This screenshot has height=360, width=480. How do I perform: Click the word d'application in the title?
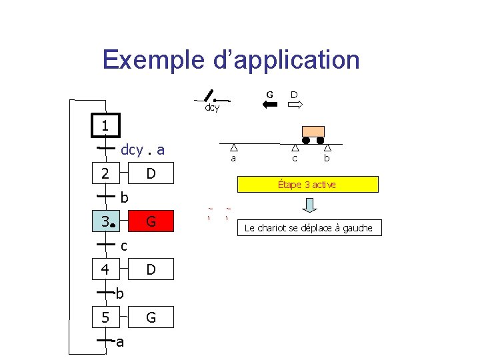(287, 60)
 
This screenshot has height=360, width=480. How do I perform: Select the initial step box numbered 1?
(105, 126)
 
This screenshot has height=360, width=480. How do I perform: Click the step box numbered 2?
(105, 173)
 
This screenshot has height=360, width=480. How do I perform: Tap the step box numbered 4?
(105, 270)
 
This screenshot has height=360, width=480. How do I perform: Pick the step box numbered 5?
(105, 317)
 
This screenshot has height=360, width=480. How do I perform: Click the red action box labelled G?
(151, 221)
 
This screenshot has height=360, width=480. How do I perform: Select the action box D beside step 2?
(151, 173)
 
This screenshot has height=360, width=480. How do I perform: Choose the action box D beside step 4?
(151, 270)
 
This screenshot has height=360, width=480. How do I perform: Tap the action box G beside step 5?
(151, 317)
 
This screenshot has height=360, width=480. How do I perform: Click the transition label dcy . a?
(143, 150)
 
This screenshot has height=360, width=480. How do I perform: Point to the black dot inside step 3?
(113, 226)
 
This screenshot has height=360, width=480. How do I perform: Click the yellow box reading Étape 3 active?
(307, 184)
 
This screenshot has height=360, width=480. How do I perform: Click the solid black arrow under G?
(270, 105)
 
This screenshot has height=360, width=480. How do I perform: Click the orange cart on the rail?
(313, 133)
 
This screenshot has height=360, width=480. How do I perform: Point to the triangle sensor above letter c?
(295, 149)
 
